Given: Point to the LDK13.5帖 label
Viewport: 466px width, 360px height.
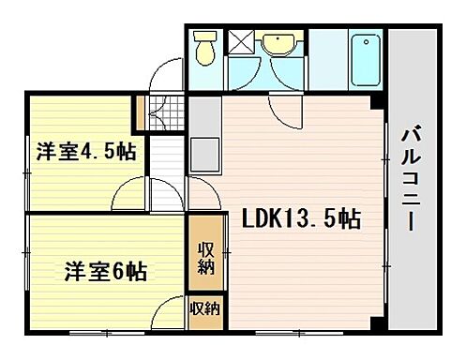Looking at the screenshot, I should pyautogui.click(x=299, y=220).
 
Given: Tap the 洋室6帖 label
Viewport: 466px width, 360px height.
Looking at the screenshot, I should pyautogui.click(x=105, y=272).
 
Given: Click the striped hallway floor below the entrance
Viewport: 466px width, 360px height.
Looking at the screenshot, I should pyautogui.click(x=169, y=155).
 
